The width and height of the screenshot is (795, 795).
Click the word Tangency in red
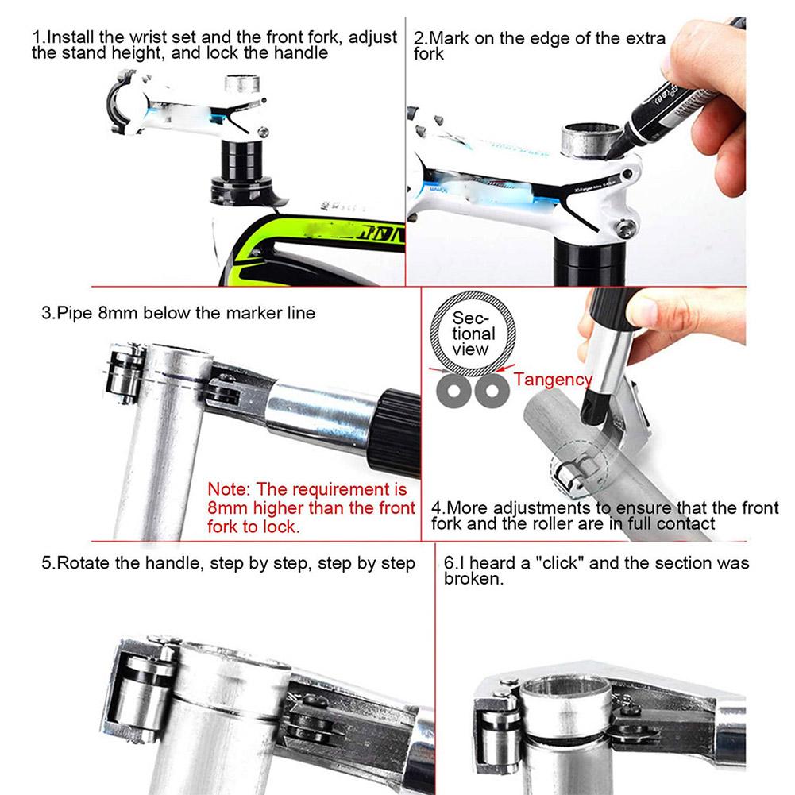pos(553,380)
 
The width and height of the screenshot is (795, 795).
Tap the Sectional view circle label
pos(474,334)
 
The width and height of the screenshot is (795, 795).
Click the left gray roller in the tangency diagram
pos(455,390)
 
